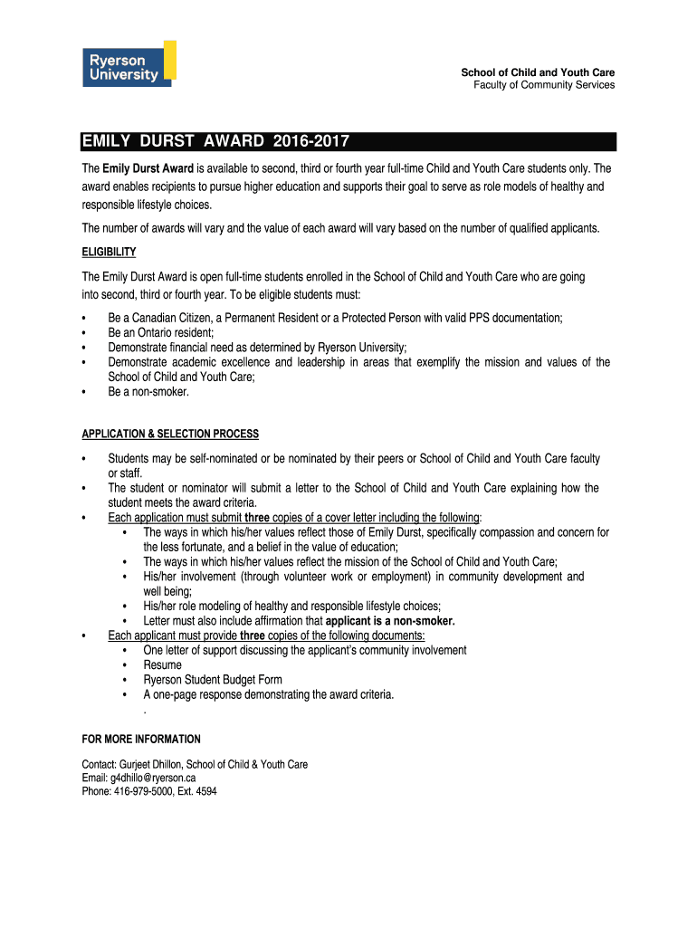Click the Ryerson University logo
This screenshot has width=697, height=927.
tap(129, 64)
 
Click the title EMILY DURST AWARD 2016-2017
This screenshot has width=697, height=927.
tap(215, 142)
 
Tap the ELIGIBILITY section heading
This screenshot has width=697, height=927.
tap(109, 252)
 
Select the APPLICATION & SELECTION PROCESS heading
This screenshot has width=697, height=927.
tap(170, 434)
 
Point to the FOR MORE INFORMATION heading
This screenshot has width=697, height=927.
tap(141, 740)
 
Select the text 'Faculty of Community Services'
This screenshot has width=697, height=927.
tap(544, 85)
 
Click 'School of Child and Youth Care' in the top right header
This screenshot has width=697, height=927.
tap(538, 72)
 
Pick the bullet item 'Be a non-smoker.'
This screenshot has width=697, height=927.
tap(148, 392)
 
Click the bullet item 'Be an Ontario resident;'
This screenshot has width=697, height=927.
tap(161, 332)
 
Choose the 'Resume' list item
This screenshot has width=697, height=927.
tap(162, 664)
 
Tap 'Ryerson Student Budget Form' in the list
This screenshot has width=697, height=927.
tap(213, 680)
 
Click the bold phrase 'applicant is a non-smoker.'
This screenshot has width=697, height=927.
tap(390, 621)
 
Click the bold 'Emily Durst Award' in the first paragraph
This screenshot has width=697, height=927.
tap(148, 169)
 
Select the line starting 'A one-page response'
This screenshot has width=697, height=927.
tap(269, 694)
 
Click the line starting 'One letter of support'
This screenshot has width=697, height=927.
tap(305, 650)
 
